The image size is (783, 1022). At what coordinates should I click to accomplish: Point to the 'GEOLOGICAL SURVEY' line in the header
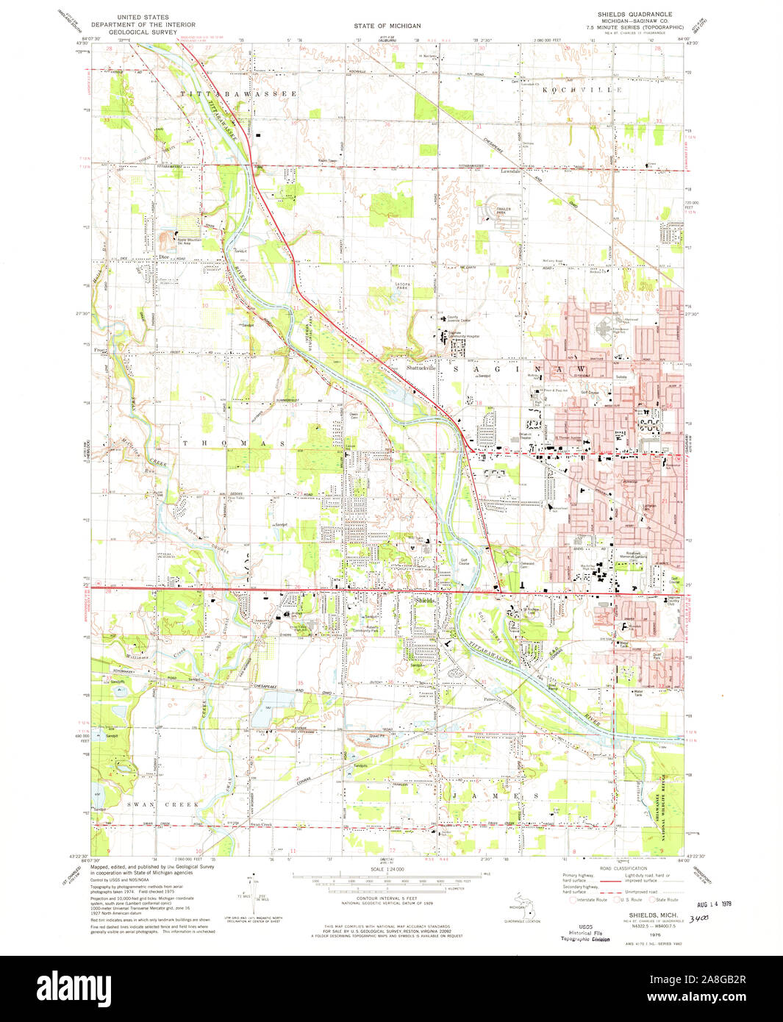tap(143, 33)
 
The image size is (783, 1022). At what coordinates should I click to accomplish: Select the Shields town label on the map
tap(425, 601)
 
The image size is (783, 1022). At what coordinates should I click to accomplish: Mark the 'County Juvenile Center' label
tap(459, 319)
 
